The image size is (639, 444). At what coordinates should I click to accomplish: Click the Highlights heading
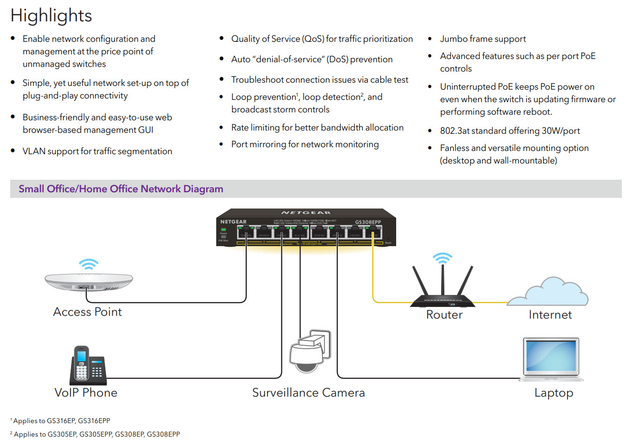(x=51, y=16)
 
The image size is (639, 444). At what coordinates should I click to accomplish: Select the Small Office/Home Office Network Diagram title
(x=121, y=189)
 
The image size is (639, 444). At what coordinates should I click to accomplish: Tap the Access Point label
(x=87, y=312)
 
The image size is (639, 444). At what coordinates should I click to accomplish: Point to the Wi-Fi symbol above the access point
(x=88, y=264)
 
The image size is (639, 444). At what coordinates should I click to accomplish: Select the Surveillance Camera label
(x=308, y=393)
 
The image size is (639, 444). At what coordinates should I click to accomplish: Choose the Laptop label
(x=554, y=393)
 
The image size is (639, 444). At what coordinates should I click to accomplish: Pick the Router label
(x=444, y=315)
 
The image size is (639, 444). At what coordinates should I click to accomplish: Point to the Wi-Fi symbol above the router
(x=443, y=258)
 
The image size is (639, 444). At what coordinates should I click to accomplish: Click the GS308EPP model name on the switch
(x=368, y=222)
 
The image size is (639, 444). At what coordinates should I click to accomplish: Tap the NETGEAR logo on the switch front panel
(x=233, y=222)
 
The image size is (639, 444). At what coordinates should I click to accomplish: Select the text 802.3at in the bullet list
(x=455, y=131)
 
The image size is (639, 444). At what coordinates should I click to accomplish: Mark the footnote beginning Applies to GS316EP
(x=61, y=421)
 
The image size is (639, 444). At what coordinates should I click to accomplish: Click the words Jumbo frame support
(x=483, y=39)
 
